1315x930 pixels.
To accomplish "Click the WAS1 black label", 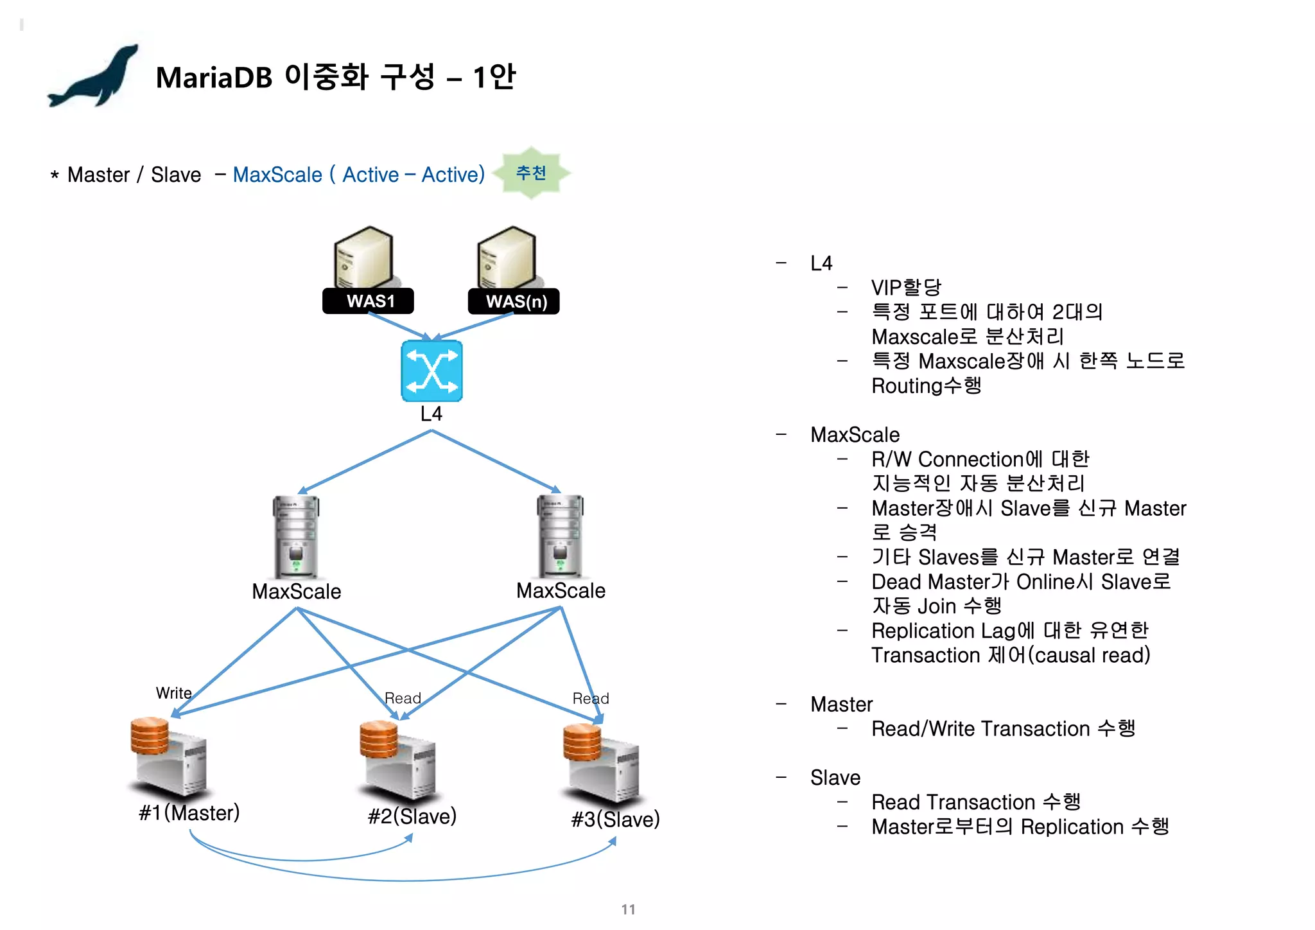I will (368, 301).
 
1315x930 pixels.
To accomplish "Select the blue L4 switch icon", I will (431, 371).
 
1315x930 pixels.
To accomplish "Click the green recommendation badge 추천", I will (531, 173).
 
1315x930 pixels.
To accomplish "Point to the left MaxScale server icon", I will (296, 537).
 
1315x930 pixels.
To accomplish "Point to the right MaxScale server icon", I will (561, 536).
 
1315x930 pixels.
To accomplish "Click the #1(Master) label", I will (189, 812).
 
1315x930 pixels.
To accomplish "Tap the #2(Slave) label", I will (412, 816).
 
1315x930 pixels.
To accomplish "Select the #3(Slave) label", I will (615, 820).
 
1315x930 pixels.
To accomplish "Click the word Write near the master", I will (173, 693).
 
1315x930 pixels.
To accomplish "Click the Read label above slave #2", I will (403, 698).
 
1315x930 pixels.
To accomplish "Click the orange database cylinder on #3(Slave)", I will (582, 742).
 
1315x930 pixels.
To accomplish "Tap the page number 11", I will (628, 909).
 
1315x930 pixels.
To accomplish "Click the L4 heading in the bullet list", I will (821, 263).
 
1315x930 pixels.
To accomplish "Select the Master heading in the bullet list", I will (841, 705).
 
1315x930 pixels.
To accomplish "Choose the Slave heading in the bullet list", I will (835, 778).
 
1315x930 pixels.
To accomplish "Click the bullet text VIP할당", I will (906, 288).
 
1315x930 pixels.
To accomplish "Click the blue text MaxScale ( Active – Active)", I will (358, 175).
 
